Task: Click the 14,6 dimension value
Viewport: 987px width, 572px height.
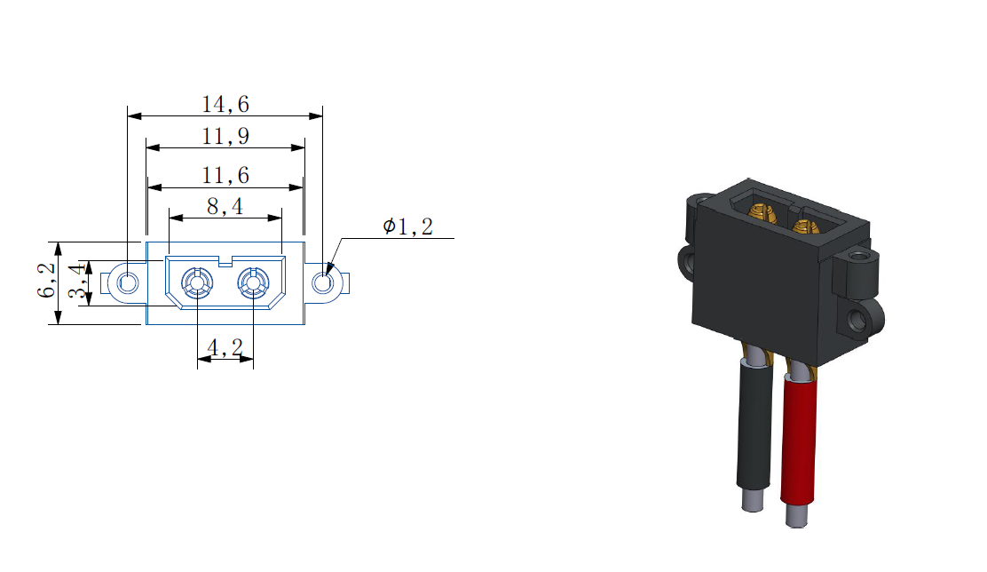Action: [x=225, y=104]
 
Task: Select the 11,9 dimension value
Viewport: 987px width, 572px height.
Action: [x=225, y=136]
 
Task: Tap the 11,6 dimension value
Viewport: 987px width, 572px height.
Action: [x=225, y=175]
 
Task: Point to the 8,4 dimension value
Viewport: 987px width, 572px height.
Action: [x=225, y=206]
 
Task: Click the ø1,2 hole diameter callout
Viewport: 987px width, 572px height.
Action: [x=408, y=226]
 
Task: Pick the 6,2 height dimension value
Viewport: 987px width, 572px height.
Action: [x=46, y=280]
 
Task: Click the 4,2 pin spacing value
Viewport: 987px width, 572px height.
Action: [x=225, y=347]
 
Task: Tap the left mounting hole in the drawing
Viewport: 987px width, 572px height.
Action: [x=128, y=282]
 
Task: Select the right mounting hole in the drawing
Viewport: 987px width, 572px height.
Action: [x=323, y=282]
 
